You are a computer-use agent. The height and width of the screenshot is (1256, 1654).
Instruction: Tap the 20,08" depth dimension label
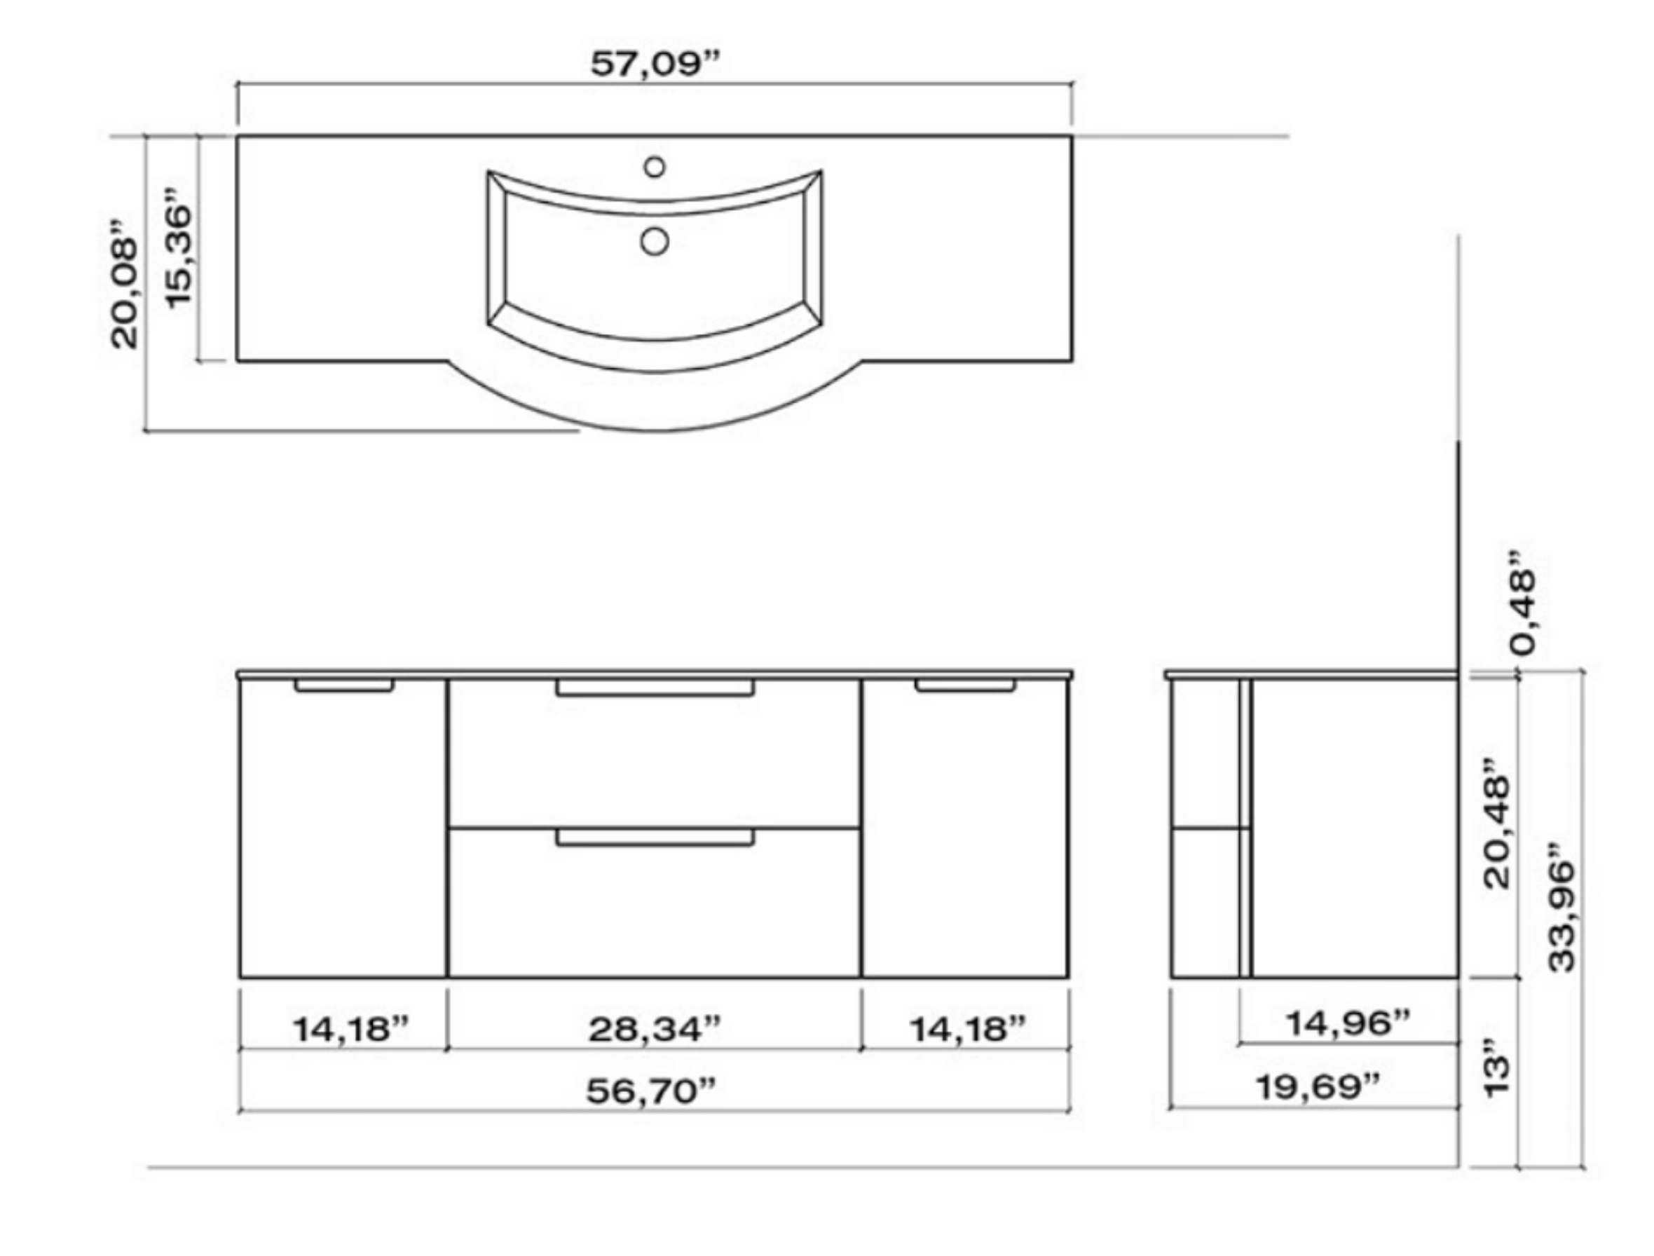124,283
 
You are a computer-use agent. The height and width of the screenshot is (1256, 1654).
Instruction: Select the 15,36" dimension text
179,247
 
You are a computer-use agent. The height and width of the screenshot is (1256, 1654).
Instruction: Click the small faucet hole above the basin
655,167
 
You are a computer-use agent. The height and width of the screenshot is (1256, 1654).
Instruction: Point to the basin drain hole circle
655,242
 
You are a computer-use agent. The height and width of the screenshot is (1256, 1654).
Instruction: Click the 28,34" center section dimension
655,1030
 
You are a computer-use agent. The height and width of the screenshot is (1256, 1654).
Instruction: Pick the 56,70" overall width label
651,1091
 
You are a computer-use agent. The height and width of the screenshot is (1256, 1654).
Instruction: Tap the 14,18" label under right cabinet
966,1030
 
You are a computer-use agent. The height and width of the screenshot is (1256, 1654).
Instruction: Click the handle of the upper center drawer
655,688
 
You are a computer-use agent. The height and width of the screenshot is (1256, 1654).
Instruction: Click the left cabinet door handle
344,685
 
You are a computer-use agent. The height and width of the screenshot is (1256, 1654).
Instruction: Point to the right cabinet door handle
964,685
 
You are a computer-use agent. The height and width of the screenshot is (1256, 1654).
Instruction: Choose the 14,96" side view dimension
1347,1023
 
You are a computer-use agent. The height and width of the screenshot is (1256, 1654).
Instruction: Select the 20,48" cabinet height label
1496,830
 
